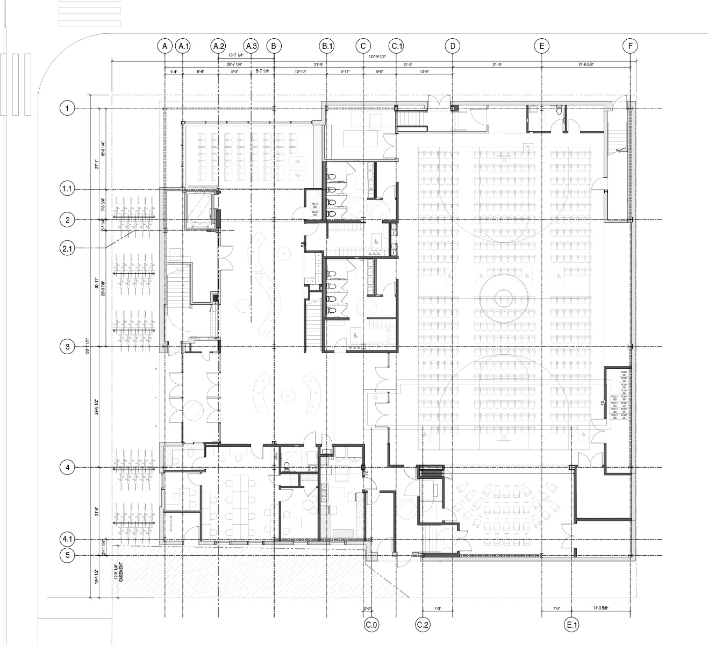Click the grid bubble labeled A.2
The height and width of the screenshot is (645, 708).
[218, 46]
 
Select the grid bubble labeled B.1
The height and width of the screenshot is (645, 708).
[327, 46]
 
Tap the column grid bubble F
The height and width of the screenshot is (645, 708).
[630, 46]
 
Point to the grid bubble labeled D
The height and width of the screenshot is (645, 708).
[453, 46]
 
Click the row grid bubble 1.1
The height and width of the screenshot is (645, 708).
[67, 189]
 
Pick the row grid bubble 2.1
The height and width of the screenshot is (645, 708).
[67, 248]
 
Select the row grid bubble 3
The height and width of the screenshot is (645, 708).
[67, 347]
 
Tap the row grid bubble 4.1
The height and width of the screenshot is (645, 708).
[67, 539]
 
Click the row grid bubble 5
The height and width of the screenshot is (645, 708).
[67, 555]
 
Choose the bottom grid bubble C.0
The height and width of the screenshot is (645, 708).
[371, 625]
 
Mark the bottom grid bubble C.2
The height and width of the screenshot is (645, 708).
[423, 625]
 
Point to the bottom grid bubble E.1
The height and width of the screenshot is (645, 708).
[571, 625]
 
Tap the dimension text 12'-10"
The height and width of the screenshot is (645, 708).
[301, 71]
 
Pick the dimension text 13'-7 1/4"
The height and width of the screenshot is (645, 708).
[236, 55]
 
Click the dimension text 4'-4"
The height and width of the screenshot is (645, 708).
[174, 71]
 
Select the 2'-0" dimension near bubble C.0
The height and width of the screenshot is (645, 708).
[368, 608]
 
